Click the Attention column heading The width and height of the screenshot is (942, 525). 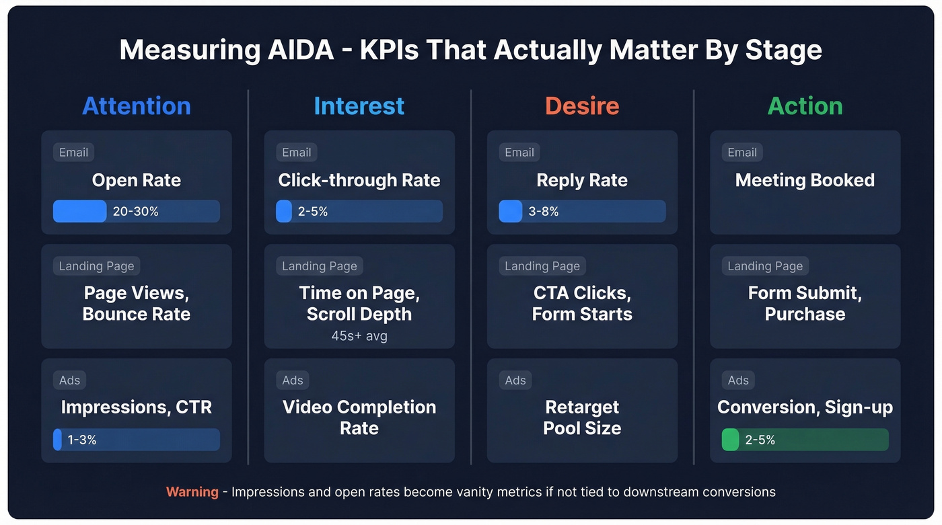click(137, 106)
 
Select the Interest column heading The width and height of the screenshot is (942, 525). click(359, 106)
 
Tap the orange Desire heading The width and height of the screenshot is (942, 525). click(582, 106)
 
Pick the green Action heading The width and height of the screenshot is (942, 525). click(805, 106)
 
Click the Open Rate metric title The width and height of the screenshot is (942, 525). click(137, 180)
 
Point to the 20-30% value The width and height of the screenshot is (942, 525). click(136, 212)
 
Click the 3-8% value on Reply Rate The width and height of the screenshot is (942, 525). click(544, 212)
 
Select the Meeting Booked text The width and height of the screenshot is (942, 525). click(805, 180)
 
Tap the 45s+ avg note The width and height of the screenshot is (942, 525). click(359, 335)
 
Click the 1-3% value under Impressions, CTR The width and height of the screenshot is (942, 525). click(82, 440)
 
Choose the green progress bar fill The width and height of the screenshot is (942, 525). click(730, 440)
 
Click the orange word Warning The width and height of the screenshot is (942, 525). click(192, 492)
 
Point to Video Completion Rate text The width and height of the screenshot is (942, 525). click(359, 417)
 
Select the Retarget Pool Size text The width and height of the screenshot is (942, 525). click(582, 417)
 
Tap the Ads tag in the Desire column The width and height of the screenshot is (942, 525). click(515, 380)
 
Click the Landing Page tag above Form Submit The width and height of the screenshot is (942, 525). click(765, 266)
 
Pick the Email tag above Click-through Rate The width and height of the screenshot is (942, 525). click(297, 153)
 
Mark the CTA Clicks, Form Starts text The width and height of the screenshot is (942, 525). click(582, 304)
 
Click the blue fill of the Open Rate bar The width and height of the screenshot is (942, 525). click(80, 212)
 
